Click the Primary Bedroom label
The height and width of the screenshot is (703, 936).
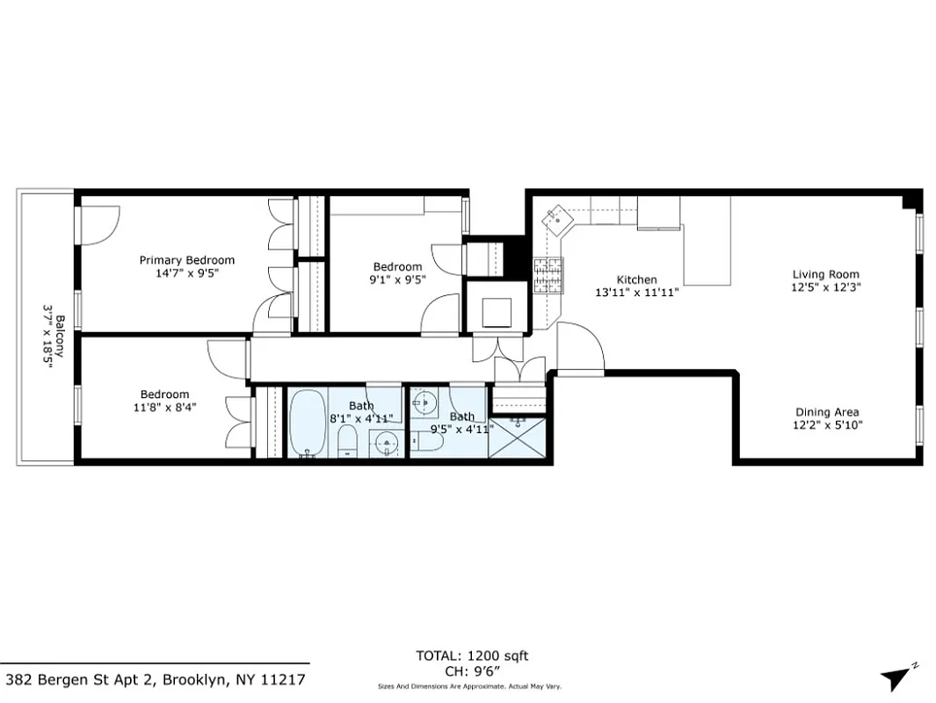[186, 260]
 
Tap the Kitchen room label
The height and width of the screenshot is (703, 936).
[636, 279]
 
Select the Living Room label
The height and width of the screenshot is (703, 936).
[825, 274]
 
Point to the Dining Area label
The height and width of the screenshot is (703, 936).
[827, 412]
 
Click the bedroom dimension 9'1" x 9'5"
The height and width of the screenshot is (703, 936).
[397, 279]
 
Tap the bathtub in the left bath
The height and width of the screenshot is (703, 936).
[308, 424]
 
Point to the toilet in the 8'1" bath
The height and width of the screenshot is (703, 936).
[348, 441]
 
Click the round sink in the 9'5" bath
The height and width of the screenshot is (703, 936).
[424, 403]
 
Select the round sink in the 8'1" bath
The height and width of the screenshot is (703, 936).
[385, 444]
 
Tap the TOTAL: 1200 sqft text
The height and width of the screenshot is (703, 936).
[472, 656]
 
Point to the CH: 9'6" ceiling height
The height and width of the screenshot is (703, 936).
[472, 670]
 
